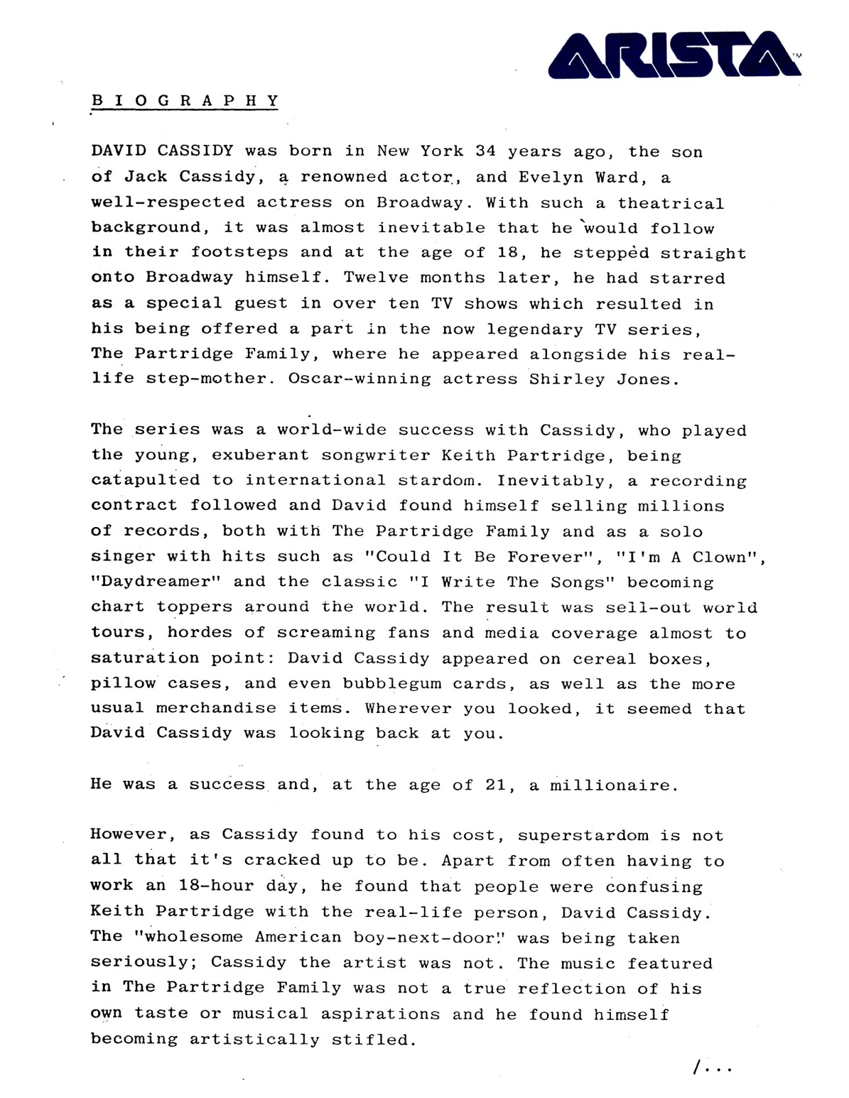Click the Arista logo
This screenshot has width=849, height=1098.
click(x=674, y=56)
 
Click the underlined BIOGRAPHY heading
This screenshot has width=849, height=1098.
click(x=185, y=100)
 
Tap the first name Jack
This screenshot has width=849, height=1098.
click(x=146, y=176)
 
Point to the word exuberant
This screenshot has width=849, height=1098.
click(x=261, y=456)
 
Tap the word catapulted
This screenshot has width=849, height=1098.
click(x=146, y=480)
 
